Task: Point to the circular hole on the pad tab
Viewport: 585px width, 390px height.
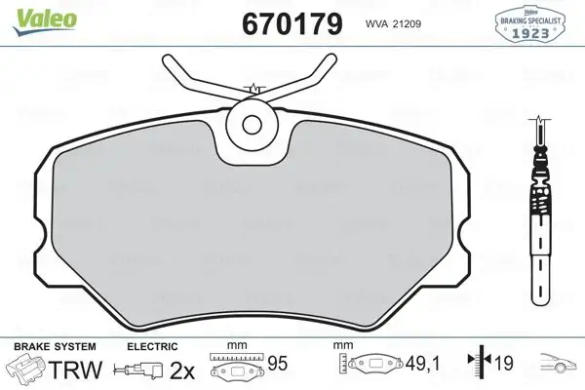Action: pos(253,124)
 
